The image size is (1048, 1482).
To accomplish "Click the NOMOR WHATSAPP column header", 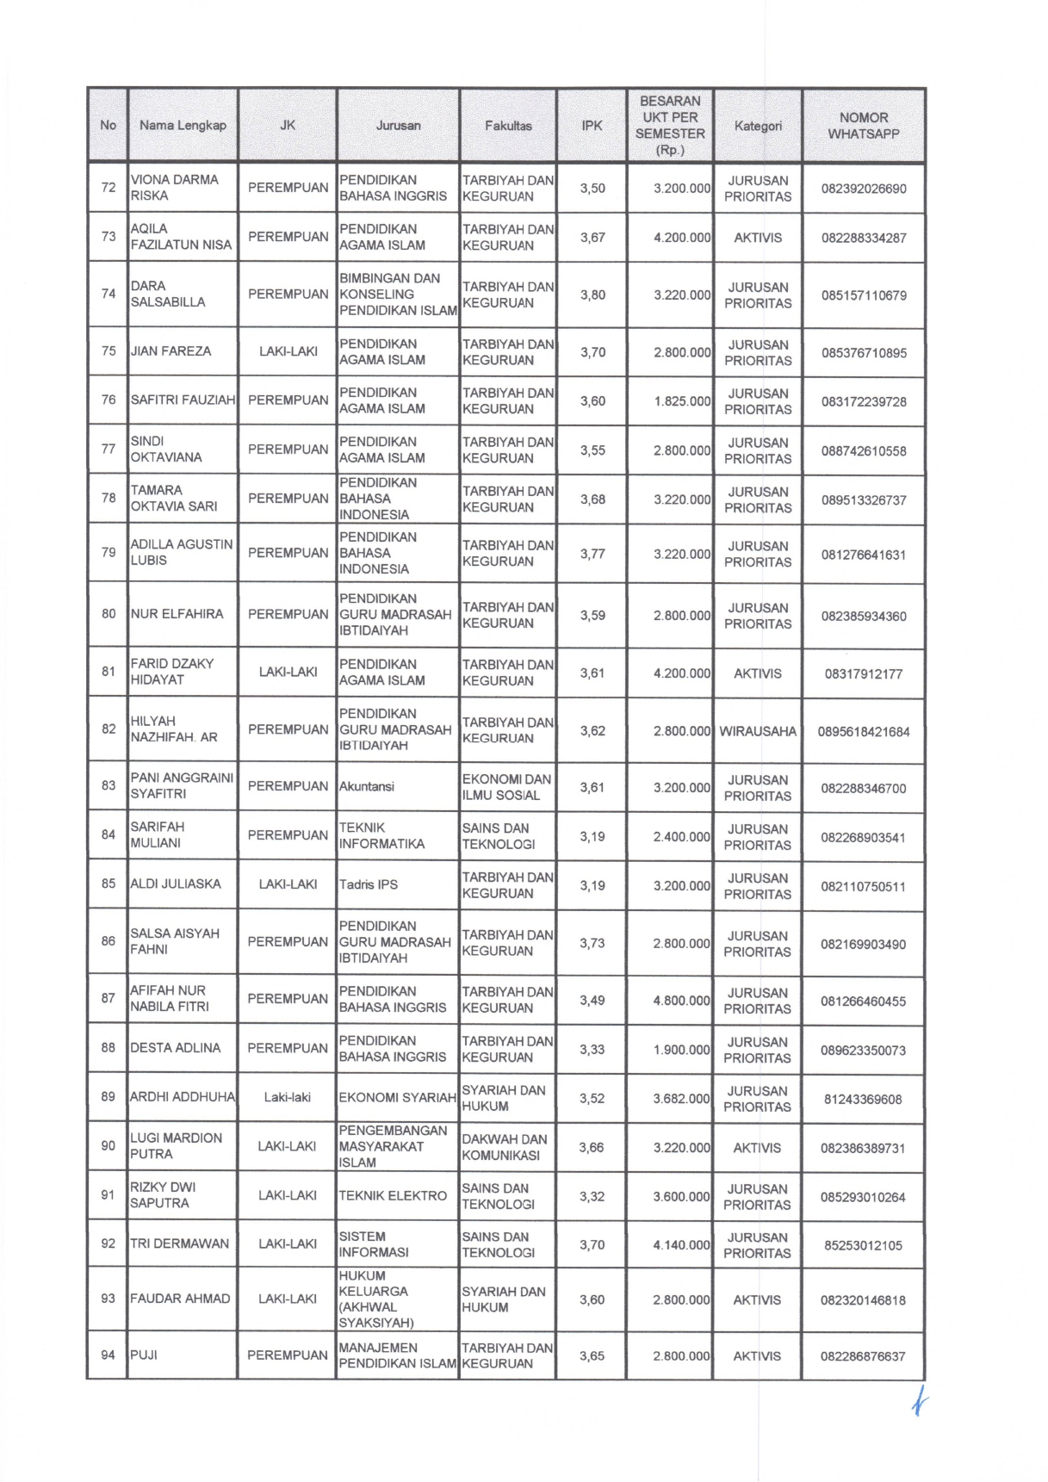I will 863,126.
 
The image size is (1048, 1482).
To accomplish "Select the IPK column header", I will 592,126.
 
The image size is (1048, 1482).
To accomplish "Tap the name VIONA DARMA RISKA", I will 174,188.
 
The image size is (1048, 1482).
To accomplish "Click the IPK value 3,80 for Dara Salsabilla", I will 592,295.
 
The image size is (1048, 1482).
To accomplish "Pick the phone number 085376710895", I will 864,353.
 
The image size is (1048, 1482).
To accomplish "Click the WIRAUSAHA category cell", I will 758,731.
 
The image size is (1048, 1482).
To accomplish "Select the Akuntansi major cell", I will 367,786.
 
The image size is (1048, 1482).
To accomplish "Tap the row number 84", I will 109,834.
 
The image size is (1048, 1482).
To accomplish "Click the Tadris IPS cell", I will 369,884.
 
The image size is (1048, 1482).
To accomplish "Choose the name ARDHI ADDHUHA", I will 183,1097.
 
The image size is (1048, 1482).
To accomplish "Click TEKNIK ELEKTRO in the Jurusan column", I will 393,1195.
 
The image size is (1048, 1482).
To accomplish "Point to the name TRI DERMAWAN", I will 179,1243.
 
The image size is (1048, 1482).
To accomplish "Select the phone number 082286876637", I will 863,1356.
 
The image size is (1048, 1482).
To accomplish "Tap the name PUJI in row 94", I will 144,1355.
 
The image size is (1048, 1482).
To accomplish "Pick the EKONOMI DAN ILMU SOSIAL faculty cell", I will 506,787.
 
